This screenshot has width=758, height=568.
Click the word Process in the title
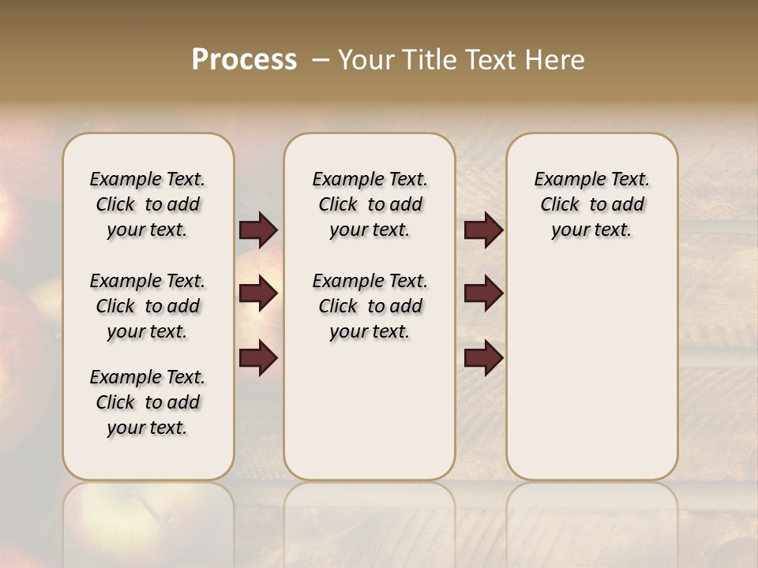244,60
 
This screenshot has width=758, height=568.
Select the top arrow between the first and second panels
258,230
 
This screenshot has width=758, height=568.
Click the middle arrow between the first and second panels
258,293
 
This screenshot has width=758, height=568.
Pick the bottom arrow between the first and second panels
258,357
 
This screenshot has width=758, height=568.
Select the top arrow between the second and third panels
483,230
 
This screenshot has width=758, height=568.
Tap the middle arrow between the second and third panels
483,293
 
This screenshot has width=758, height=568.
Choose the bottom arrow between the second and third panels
483,357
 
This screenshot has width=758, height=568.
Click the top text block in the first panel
148,204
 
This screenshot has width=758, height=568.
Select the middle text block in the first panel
148,306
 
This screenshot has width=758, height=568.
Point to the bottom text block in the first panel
148,402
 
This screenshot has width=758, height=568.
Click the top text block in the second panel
370,204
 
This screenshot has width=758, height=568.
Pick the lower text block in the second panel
370,306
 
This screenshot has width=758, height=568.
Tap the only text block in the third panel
592,204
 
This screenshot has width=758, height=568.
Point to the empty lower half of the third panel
592,363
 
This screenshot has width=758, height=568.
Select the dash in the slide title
321,60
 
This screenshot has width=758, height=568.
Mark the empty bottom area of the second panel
370,418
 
